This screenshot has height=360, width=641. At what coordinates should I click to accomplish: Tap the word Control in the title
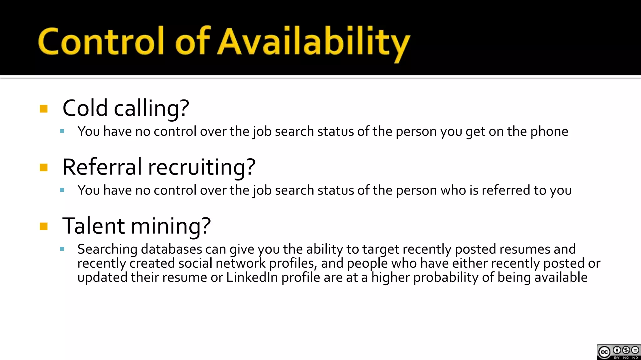101,41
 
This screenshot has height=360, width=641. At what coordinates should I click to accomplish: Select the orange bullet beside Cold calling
44,109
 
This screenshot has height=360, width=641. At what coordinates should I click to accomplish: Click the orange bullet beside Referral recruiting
44,167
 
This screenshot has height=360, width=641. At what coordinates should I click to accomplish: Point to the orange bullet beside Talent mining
44,226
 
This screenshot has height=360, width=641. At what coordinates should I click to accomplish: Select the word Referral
102,167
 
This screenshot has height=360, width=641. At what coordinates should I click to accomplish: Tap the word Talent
94,226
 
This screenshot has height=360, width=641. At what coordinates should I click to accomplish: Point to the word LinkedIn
252,277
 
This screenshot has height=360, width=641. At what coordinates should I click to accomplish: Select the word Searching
107,249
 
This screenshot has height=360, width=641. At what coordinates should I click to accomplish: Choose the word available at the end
561,277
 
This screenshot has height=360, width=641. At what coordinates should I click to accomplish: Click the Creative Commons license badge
618,352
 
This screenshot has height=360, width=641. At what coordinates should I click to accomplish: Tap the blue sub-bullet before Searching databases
62,249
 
